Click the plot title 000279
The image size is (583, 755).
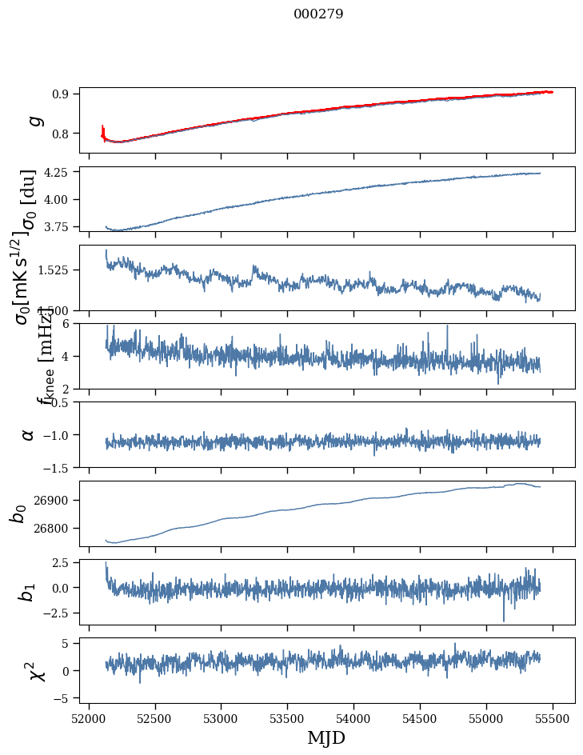pos(318,14)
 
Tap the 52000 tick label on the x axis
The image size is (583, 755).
pos(89,719)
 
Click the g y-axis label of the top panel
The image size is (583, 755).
pos(34,121)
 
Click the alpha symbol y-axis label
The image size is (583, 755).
pos(29,434)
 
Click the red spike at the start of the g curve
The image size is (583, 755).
pos(103,130)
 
